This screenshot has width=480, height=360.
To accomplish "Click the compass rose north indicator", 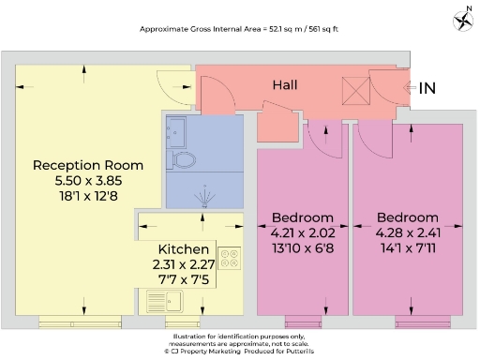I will pyautogui.click(x=461, y=18).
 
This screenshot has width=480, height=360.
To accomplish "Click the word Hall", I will pyautogui.click(x=285, y=85).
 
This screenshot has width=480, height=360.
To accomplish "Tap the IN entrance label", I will pyautogui.click(x=427, y=89).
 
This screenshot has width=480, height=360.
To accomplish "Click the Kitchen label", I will pyautogui.click(x=183, y=249).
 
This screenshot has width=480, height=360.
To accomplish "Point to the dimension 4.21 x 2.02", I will pyautogui.click(x=302, y=231).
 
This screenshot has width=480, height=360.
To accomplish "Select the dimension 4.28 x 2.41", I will pyautogui.click(x=406, y=231).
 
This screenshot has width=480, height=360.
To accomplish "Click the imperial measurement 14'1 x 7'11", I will pyautogui.click(x=406, y=246).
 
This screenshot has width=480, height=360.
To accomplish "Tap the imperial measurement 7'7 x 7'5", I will pyautogui.click(x=183, y=279).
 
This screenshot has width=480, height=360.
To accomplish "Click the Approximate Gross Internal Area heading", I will pyautogui.click(x=240, y=30).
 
